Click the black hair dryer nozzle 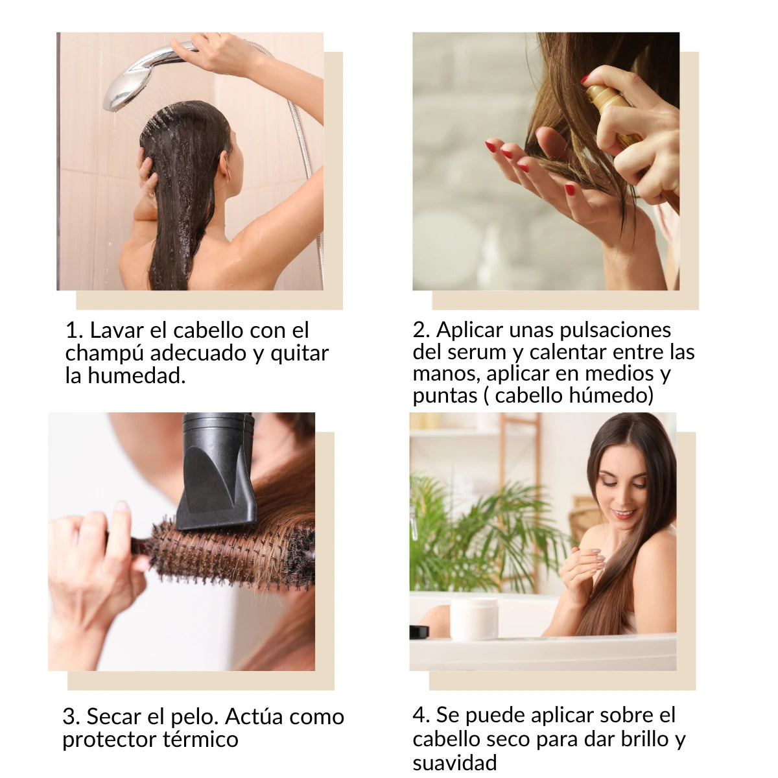point(217,471)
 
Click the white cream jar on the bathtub point(474,619)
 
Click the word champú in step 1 point(104,354)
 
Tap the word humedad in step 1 point(136,375)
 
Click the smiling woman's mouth point(622,514)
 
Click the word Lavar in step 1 point(117,330)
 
